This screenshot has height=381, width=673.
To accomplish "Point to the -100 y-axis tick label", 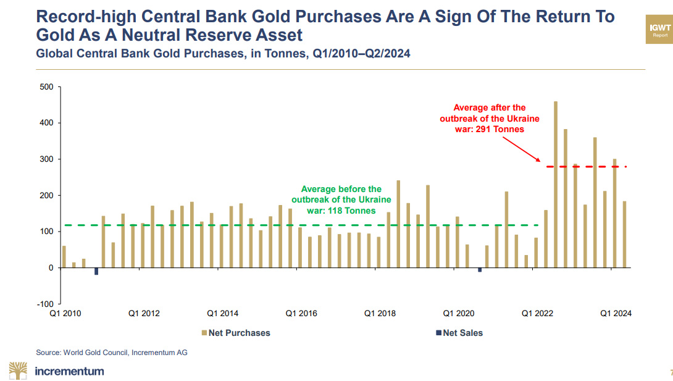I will pyautogui.click(x=44, y=304).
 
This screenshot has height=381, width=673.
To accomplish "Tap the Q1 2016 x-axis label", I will pyautogui.click(x=301, y=314).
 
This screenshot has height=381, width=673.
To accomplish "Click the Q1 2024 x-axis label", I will pyautogui.click(x=616, y=314).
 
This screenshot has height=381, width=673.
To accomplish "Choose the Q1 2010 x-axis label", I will pyautogui.click(x=65, y=314).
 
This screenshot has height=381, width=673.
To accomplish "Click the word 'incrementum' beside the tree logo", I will pyautogui.click(x=70, y=371).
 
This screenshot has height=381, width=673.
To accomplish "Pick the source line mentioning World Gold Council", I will pyautogui.click(x=111, y=353).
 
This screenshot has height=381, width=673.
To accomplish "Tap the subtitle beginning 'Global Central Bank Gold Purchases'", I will pyautogui.click(x=223, y=54).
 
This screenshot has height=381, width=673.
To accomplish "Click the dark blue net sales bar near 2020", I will pyautogui.click(x=480, y=270).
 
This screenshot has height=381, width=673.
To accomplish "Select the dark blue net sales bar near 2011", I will pyautogui.click(x=96, y=271).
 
